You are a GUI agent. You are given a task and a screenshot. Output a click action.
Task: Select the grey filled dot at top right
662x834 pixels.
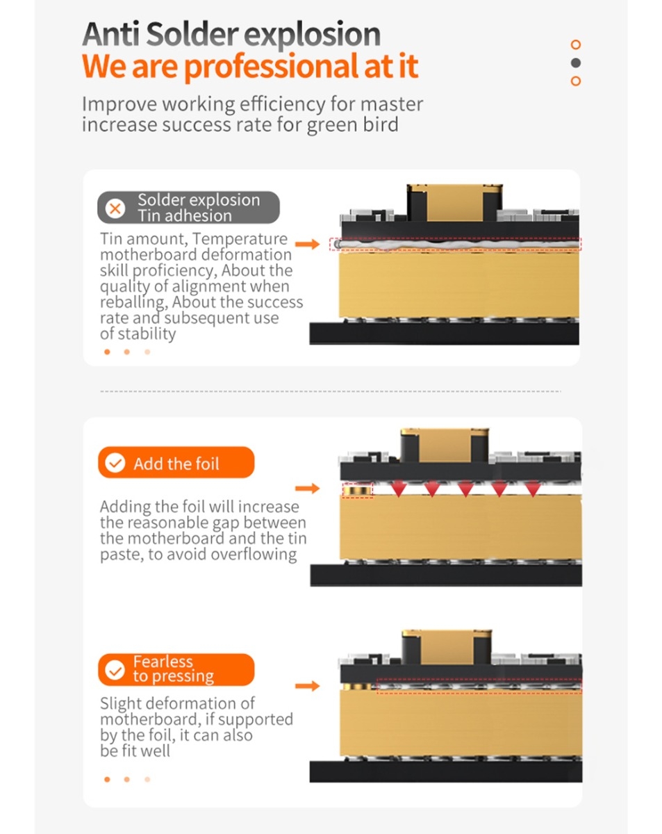[x=575, y=63]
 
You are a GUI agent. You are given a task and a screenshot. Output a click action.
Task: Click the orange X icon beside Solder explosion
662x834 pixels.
[x=115, y=208]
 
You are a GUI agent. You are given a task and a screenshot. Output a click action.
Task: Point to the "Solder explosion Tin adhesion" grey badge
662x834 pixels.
[x=188, y=208]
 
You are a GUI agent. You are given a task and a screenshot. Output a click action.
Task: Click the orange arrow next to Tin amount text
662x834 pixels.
[x=307, y=244]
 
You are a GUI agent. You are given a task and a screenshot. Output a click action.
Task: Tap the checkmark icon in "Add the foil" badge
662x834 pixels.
[x=115, y=464]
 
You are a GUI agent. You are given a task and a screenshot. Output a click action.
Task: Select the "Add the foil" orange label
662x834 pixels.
[x=176, y=463]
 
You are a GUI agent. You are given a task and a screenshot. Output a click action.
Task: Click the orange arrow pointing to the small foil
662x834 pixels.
[x=307, y=489]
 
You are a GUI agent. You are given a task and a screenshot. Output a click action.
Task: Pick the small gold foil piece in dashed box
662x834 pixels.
[x=357, y=491]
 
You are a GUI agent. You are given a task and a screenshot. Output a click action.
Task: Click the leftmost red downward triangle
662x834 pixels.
[x=398, y=490]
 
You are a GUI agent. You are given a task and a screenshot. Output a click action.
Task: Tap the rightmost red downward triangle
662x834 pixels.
[x=532, y=490]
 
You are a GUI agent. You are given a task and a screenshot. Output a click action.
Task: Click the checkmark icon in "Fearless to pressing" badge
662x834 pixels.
[x=115, y=670]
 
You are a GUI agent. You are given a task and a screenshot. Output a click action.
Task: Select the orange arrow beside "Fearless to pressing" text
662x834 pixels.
[x=307, y=686]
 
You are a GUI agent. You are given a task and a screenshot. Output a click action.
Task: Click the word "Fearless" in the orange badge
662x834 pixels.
[x=163, y=662]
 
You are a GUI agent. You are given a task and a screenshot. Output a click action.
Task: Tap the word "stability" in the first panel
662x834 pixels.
[x=147, y=334]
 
